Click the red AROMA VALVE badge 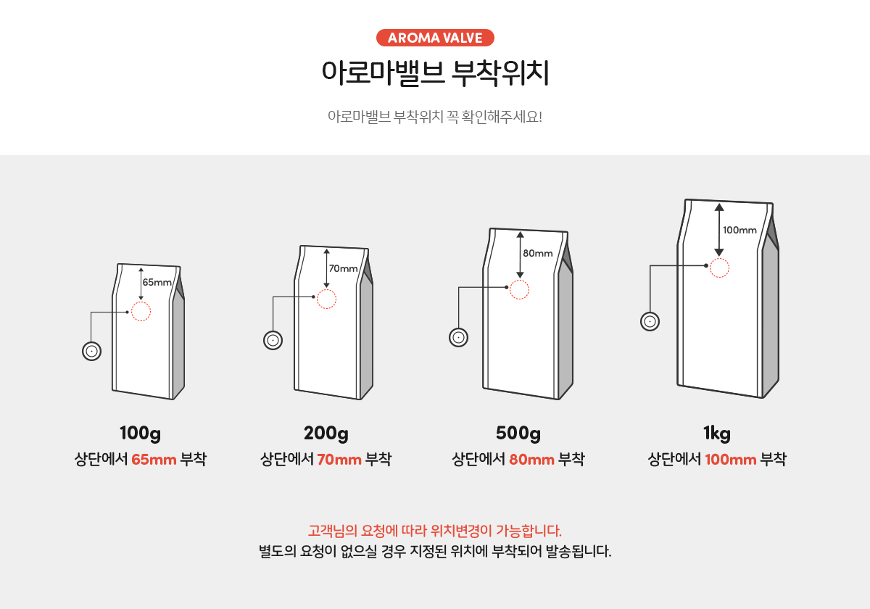tap(435, 38)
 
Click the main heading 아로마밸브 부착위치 tap(435, 73)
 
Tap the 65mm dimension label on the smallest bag tap(157, 282)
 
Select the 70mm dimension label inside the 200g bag tap(343, 268)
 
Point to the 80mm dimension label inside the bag tap(537, 253)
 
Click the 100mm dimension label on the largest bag tap(739, 230)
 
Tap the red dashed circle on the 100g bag tap(141, 312)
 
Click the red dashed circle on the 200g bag tap(326, 299)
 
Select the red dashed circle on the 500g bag tap(519, 289)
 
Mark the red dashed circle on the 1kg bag tap(718, 268)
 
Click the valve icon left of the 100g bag tap(91, 352)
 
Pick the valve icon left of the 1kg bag tap(650, 321)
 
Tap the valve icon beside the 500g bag tap(458, 337)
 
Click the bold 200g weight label tap(326, 434)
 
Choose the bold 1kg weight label tap(716, 434)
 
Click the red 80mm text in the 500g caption tap(531, 459)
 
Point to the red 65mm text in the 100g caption tap(154, 459)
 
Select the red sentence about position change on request tap(435, 529)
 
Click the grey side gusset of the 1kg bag tap(771, 319)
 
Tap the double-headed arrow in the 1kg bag tap(718, 230)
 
